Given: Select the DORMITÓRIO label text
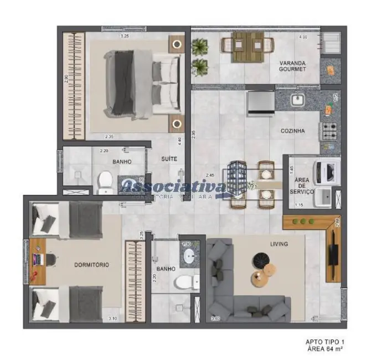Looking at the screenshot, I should coord(91,265).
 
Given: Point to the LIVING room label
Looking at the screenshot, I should coord(279,244).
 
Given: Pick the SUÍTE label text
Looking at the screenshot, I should coord(169,159).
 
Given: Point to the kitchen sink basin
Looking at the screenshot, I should coord(297,100).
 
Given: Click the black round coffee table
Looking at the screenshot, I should coord(260,259).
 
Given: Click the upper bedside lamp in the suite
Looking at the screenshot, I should coord(177,45).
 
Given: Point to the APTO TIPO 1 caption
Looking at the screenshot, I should coord(324,342).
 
